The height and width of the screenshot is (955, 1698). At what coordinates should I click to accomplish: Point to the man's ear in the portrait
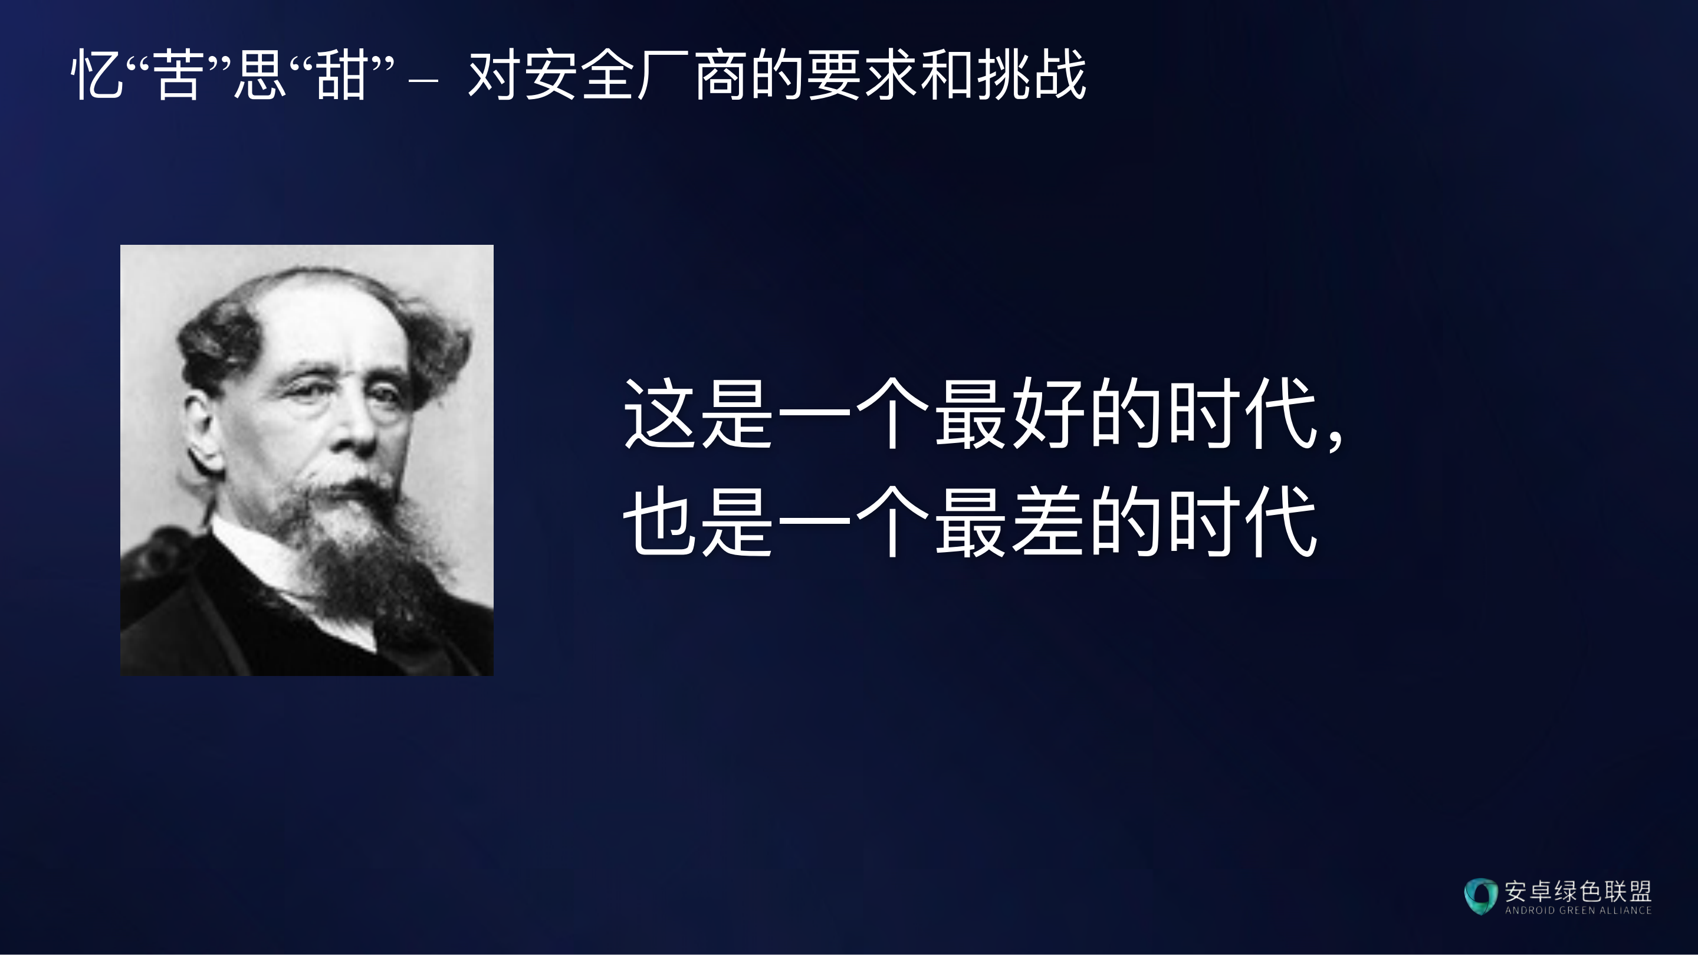click(x=201, y=428)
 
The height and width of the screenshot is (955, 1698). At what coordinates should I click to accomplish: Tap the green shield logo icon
click(x=1480, y=895)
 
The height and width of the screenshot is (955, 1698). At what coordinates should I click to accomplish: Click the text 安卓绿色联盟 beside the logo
click(x=1578, y=891)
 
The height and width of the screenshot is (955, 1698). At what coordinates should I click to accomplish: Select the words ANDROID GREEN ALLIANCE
click(x=1578, y=910)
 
